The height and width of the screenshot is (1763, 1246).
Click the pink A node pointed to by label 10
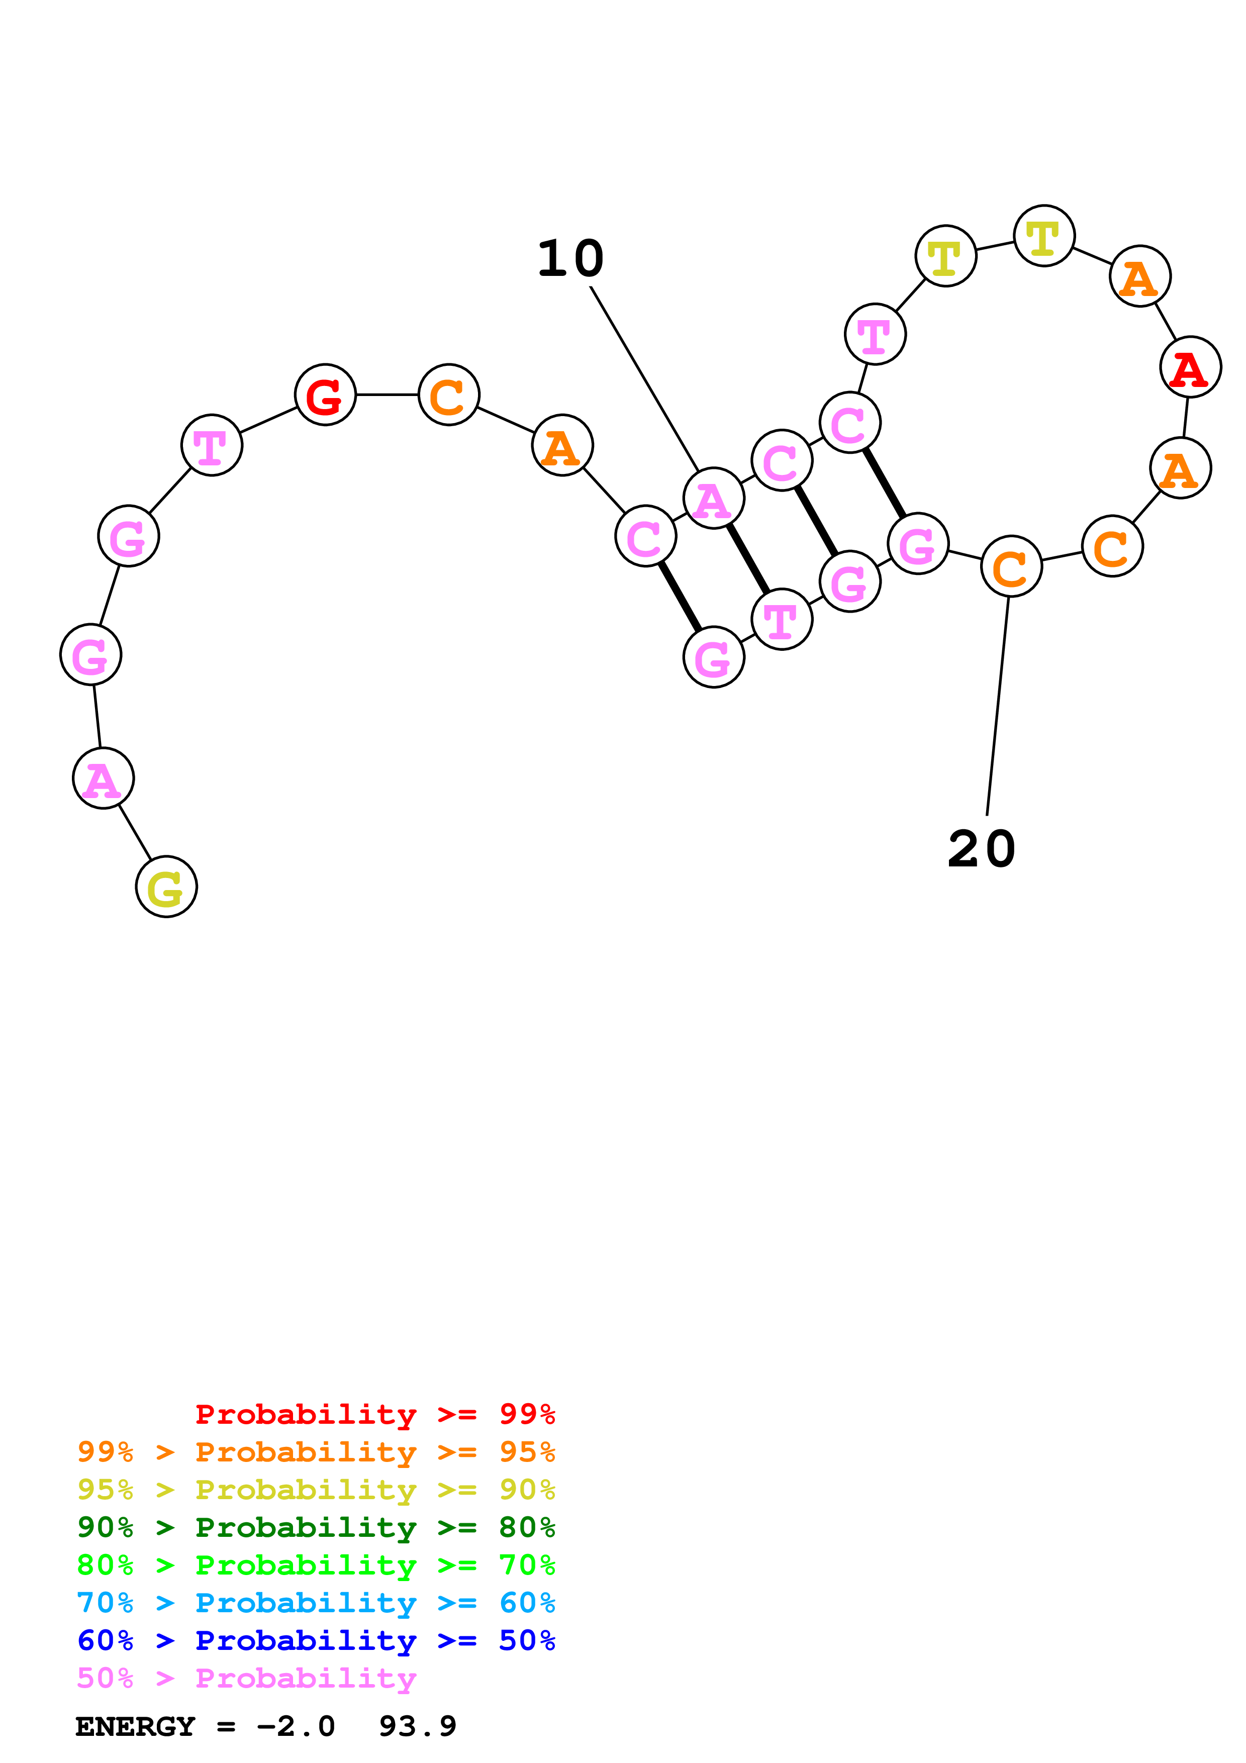point(713,499)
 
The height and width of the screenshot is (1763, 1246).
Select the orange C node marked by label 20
point(1011,567)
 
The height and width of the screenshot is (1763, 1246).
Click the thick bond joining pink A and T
point(748,558)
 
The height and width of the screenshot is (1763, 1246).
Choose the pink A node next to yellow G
point(103,778)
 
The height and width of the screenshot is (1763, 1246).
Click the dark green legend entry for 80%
point(316,1527)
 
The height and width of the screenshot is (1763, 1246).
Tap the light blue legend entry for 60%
point(316,1603)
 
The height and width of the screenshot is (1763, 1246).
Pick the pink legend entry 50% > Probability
point(246,1678)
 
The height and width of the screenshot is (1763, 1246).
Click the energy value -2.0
point(296,1727)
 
